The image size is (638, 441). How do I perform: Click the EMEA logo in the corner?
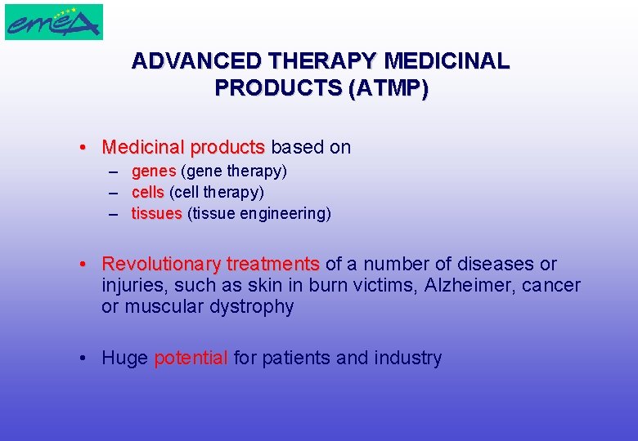click(54, 21)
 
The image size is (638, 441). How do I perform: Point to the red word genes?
click(154, 171)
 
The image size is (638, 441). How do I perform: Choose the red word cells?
click(148, 193)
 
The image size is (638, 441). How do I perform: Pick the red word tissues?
click(157, 214)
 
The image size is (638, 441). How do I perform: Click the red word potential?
click(191, 358)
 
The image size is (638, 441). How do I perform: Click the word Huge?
click(124, 358)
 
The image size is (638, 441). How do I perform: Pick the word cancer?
click(552, 286)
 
